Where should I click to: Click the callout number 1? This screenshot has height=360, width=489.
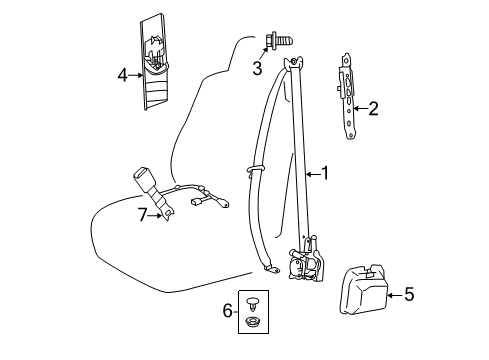[x=324, y=173]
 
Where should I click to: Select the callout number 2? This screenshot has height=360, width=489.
[x=373, y=109]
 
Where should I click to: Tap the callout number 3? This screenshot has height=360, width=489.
[x=257, y=68]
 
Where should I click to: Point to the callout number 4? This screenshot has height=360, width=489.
[x=122, y=75]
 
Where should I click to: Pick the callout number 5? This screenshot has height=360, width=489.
[x=409, y=295]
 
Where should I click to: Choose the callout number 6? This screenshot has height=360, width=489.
[x=228, y=311]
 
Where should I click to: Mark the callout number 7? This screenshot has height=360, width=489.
[x=142, y=215]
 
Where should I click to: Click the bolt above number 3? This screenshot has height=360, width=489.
[x=279, y=41]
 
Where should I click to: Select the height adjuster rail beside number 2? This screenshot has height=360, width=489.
[x=347, y=96]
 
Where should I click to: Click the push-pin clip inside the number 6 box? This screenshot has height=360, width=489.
[x=253, y=304]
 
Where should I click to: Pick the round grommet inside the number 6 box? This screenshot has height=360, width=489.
[x=253, y=322]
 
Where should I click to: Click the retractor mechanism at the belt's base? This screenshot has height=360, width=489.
[x=307, y=260]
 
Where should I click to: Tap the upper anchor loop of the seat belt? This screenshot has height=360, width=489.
[x=293, y=62]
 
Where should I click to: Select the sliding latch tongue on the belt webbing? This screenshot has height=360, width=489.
[x=256, y=169]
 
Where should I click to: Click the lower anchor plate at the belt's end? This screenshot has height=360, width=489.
[x=272, y=269]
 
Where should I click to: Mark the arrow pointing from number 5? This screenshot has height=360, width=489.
[x=396, y=295]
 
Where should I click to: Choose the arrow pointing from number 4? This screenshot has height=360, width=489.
[x=136, y=75]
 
